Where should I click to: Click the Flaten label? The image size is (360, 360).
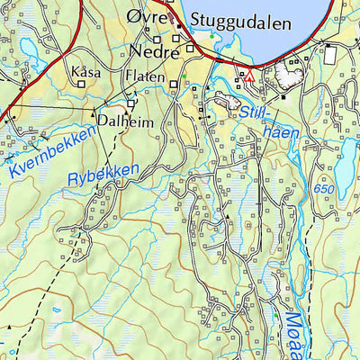point(146,76)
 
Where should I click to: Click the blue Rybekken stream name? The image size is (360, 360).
point(104,174)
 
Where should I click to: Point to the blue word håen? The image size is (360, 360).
point(279,132)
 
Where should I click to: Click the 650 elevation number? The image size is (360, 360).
point(323,191)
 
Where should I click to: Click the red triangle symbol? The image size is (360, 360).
point(250,78)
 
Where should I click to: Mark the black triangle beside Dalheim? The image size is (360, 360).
point(94,113)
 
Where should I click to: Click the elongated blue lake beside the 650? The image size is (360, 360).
point(345,159)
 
